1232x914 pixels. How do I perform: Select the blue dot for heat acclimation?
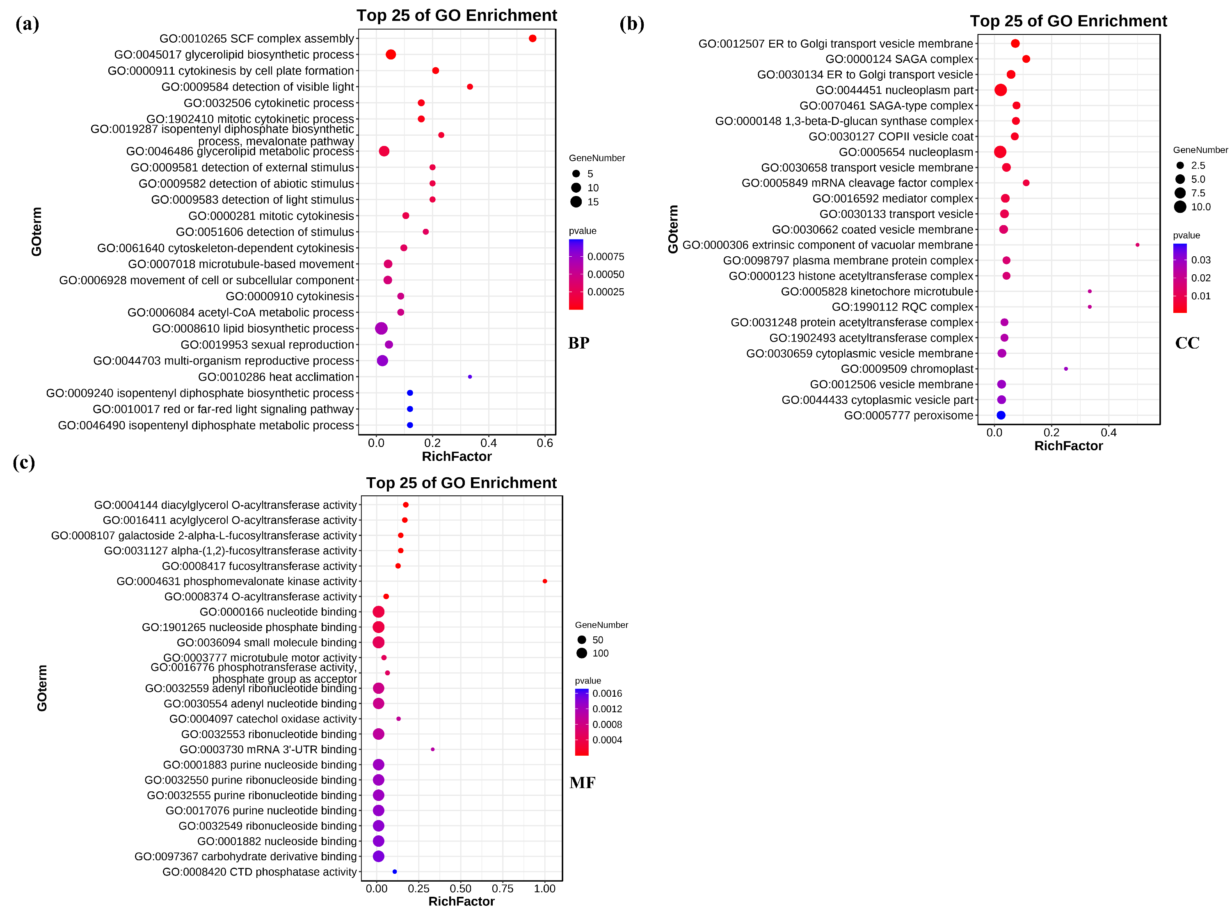pos(469,377)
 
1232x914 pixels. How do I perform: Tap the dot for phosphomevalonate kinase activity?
pos(544,581)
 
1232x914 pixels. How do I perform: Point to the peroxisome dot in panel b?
pos(1000,415)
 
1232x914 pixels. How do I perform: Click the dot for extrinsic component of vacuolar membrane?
pos(1137,244)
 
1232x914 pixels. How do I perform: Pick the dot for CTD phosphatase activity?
pos(394,871)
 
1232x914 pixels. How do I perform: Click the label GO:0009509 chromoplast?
pos(907,369)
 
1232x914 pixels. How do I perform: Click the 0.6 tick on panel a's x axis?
pos(544,442)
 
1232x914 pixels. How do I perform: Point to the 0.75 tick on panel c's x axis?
pos(502,889)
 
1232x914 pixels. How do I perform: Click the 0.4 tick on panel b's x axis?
pos(1108,433)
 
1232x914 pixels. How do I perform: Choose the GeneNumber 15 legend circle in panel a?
pos(576,202)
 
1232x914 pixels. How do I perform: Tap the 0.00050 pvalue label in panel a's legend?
pos(605,274)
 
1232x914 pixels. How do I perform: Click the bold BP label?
pos(578,343)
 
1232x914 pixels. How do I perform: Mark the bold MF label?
pos(582,783)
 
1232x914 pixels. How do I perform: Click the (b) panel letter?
pos(631,24)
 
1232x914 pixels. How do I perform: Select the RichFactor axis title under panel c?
pos(461,901)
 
